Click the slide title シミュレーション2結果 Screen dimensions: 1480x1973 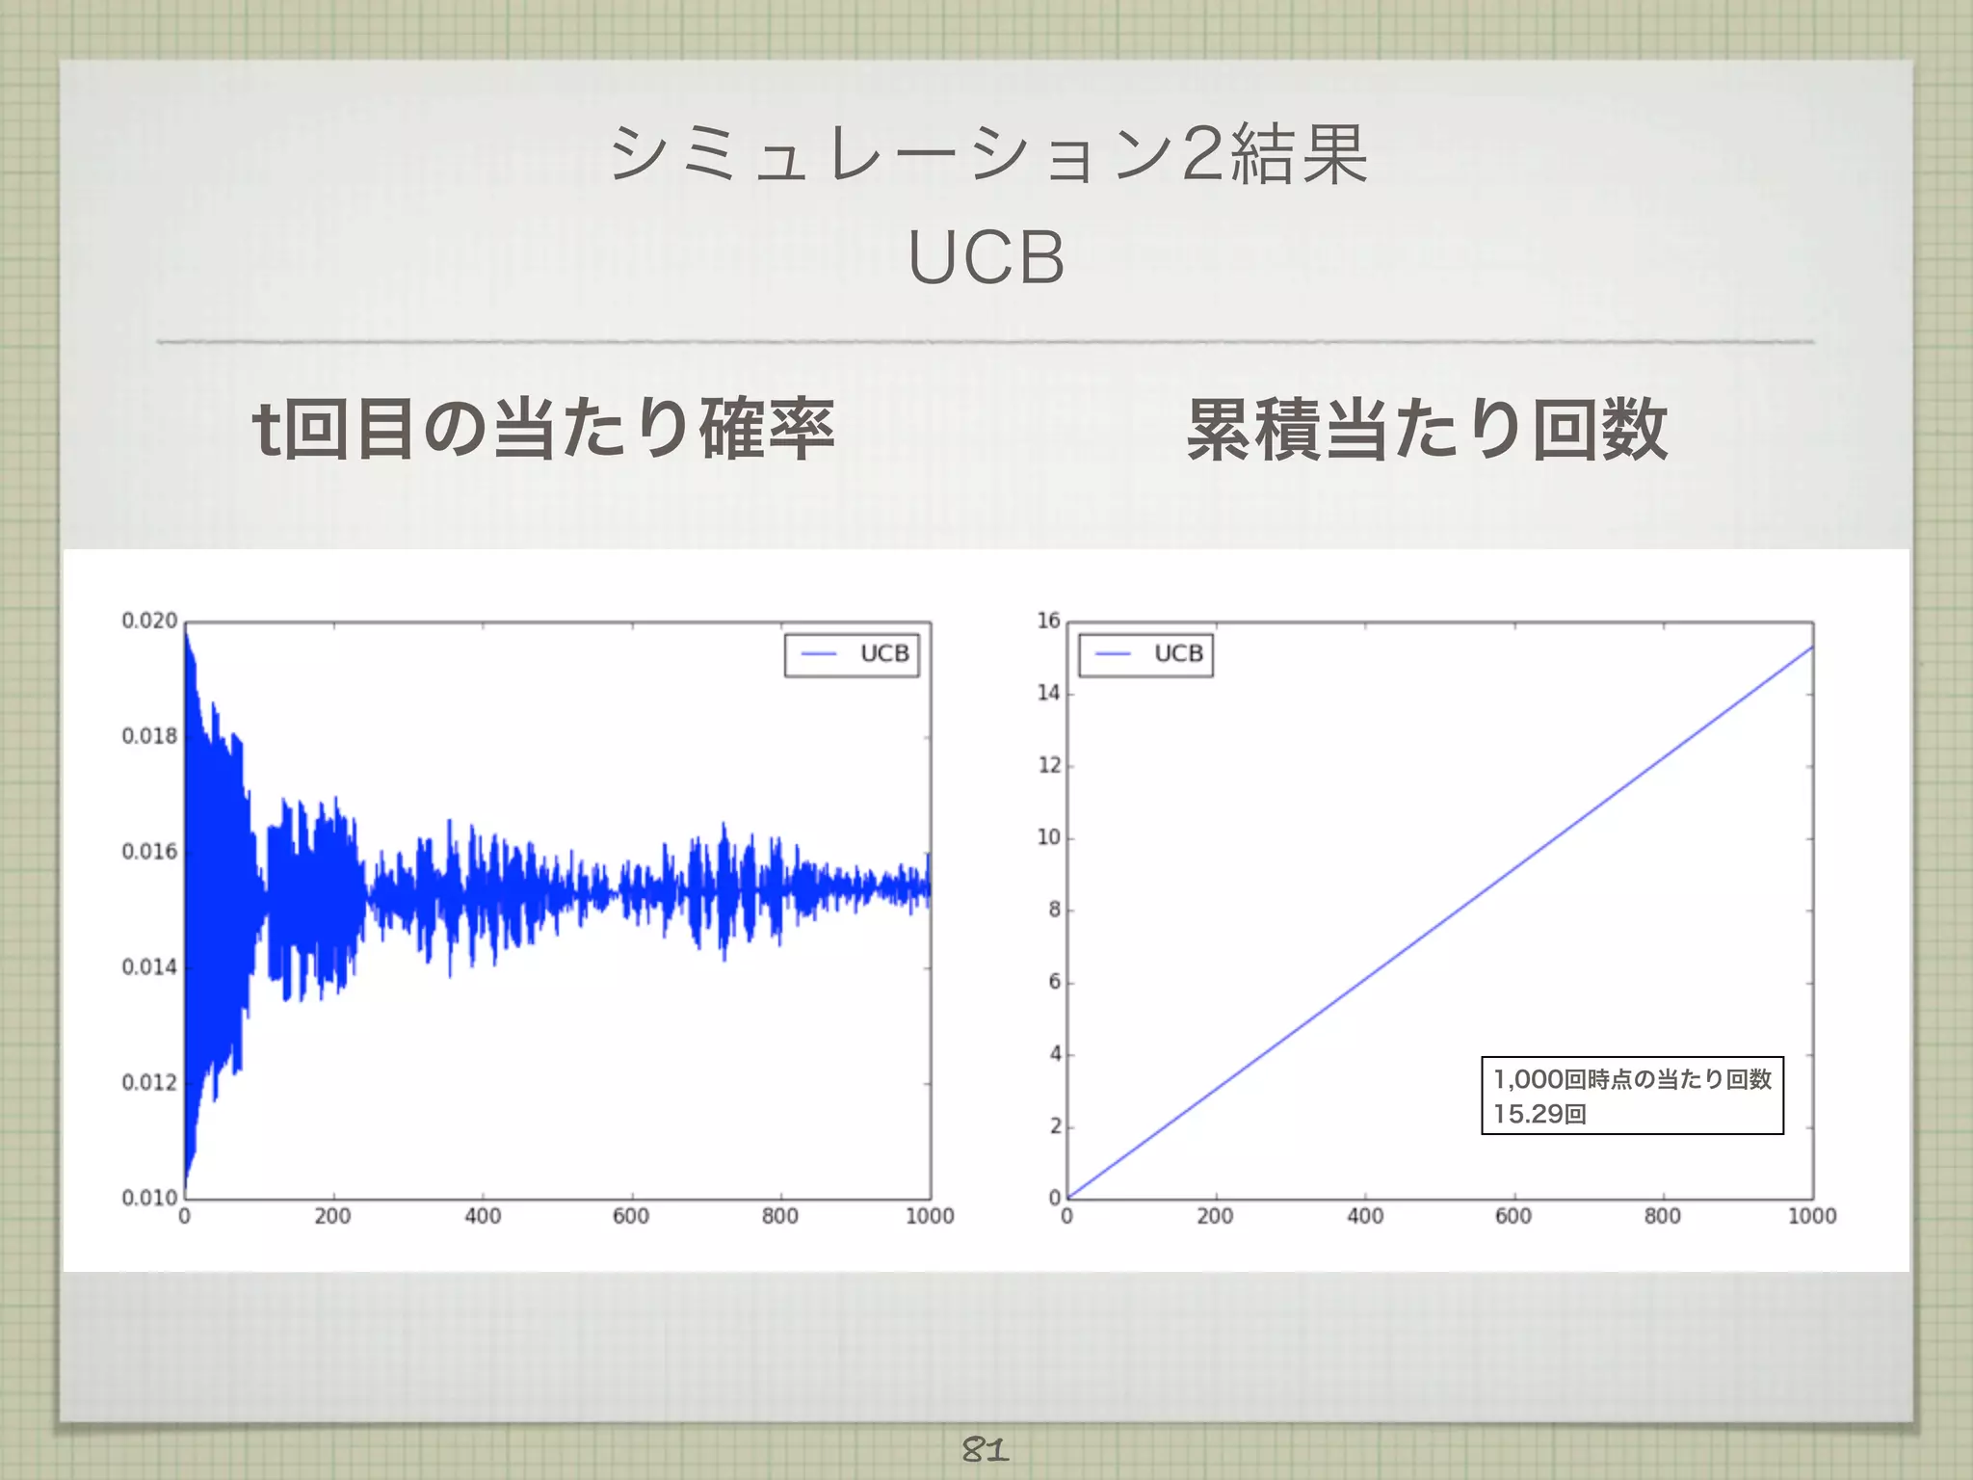point(986,154)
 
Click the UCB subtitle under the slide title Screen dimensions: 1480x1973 point(986,257)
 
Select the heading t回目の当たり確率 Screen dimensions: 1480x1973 point(542,429)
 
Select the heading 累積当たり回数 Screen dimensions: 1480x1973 point(1427,429)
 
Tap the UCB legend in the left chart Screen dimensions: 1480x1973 point(853,654)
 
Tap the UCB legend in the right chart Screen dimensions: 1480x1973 point(1146,654)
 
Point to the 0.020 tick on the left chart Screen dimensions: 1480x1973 point(149,621)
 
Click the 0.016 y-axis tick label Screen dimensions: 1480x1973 point(149,852)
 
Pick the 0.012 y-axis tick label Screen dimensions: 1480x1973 point(149,1083)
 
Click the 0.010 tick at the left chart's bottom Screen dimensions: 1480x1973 point(149,1198)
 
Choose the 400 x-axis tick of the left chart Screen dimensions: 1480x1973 point(483,1217)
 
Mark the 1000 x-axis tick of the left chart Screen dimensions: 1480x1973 point(930,1217)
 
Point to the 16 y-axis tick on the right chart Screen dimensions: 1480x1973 point(1048,621)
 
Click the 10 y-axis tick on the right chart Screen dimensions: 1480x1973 point(1048,837)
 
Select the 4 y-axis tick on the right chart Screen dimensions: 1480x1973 point(1055,1054)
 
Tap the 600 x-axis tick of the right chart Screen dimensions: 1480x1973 point(1513,1217)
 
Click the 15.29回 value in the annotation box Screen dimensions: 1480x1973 point(1539,1114)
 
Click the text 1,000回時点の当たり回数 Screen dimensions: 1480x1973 point(1632,1079)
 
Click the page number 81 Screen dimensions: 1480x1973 point(985,1449)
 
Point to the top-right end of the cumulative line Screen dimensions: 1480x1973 point(1812,647)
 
